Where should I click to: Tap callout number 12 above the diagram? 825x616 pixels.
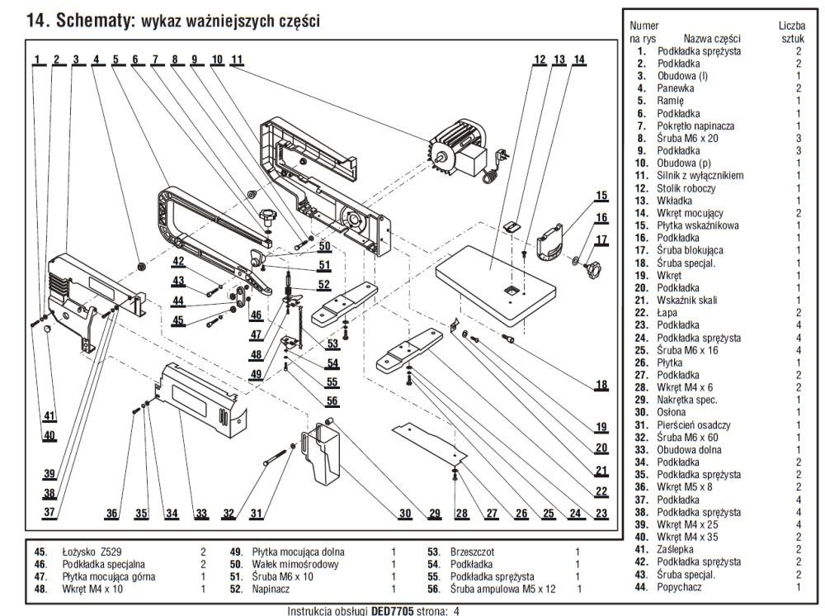pos(540,59)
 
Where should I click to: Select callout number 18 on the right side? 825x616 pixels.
pos(601,386)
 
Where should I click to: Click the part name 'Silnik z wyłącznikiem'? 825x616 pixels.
pos(700,176)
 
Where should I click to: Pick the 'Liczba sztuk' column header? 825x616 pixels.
pos(792,32)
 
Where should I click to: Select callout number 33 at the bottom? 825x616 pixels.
pos(201,514)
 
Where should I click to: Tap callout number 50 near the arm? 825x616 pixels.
pos(324,246)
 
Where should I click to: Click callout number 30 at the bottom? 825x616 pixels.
pos(404,514)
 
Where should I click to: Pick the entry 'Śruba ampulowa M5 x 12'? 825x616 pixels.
pos(504,589)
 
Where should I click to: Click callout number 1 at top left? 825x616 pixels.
pos(38,59)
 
